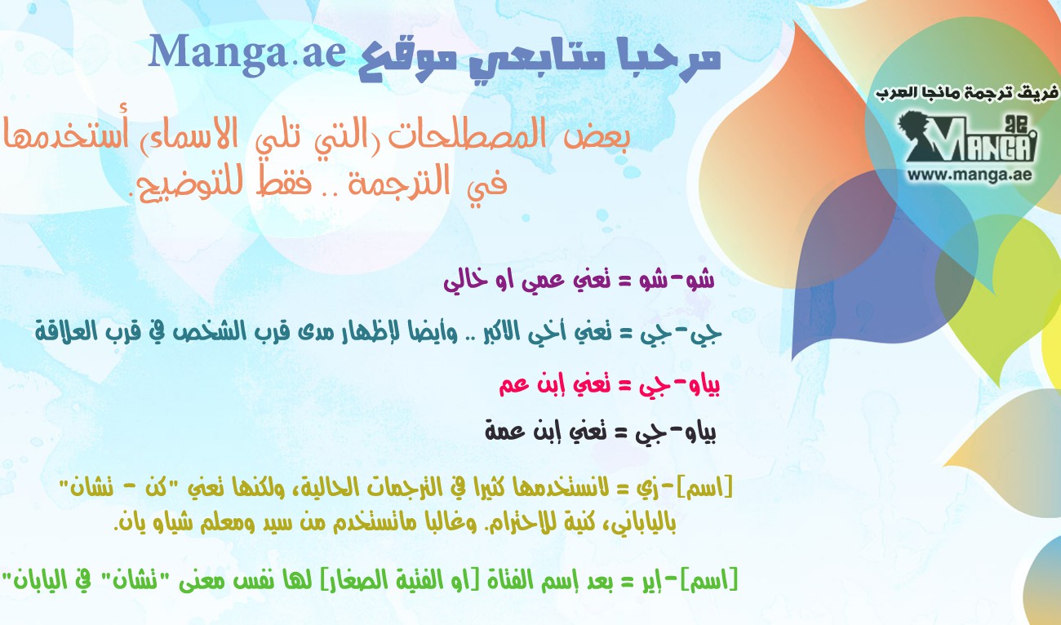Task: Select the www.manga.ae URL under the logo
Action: coord(970,175)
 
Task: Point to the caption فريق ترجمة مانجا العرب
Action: coord(966,93)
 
